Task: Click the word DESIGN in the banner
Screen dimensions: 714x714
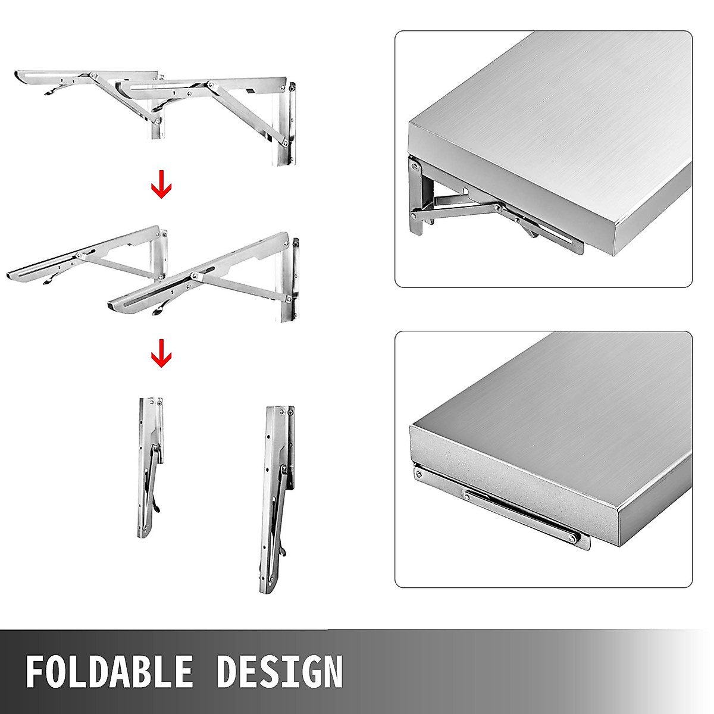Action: pyautogui.click(x=279, y=671)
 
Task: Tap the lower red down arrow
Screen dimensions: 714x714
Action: pyautogui.click(x=161, y=356)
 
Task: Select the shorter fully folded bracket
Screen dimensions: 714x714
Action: pyautogui.click(x=151, y=467)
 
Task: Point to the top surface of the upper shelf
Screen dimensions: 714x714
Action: pyautogui.click(x=553, y=101)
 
